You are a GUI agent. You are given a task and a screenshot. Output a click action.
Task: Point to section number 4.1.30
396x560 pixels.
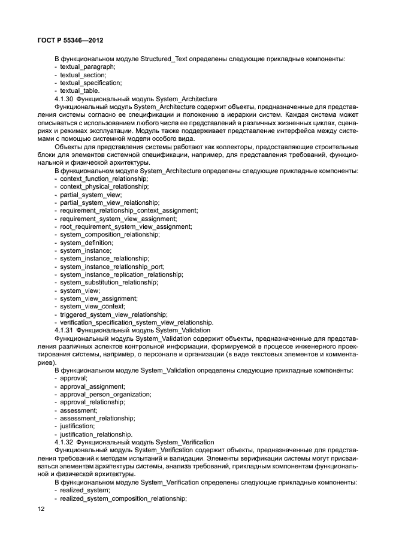tap(64, 99)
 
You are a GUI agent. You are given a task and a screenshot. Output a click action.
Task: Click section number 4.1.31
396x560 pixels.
tap(64, 330)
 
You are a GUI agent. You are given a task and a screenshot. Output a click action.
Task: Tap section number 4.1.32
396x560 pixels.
tap(64, 441)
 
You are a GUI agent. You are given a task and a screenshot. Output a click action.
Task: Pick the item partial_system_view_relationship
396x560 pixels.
tap(110, 203)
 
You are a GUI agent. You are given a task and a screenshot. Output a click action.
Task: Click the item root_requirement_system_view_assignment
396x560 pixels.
tap(126, 226)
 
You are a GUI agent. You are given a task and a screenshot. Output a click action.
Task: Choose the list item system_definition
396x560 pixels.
tap(86, 243)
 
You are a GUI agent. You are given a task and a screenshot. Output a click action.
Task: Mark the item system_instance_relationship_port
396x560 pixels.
tap(112, 267)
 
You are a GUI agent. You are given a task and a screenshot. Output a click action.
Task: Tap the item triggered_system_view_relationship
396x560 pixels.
tap(113, 314)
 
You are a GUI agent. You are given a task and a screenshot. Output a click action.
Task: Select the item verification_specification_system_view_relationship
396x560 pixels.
tap(137, 322)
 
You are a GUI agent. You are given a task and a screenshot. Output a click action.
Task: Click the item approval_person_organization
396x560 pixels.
tap(105, 394)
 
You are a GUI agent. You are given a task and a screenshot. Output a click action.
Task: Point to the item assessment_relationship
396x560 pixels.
tap(97, 418)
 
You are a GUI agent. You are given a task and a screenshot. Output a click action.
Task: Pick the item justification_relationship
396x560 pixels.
tap(96, 434)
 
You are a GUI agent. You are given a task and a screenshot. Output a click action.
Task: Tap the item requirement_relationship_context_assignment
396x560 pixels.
tap(129, 211)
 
